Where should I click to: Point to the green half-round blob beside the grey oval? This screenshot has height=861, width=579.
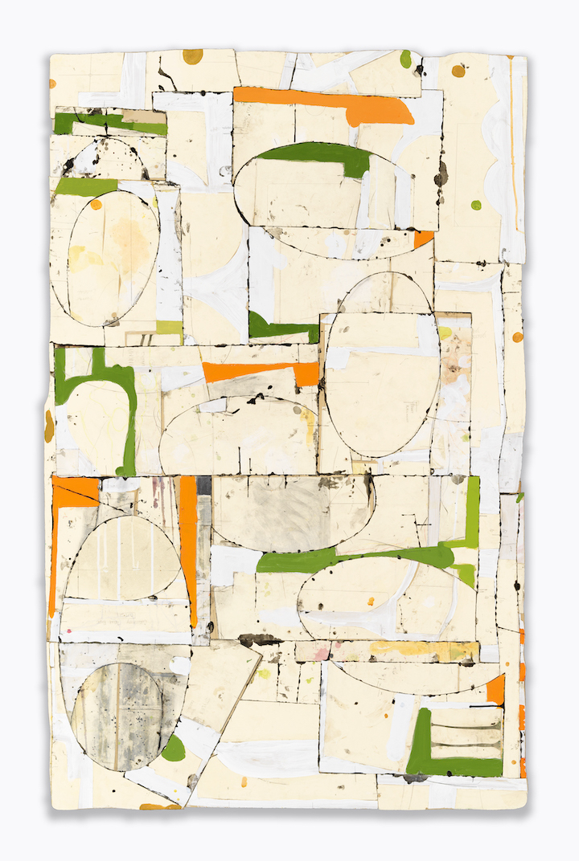click(173, 749)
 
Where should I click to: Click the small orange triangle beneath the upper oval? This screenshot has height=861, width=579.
click(423, 239)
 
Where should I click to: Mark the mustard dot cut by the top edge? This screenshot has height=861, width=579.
click(192, 55)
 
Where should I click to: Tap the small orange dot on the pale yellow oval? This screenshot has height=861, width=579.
click(96, 205)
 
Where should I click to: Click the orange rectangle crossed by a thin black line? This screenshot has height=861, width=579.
click(75, 492)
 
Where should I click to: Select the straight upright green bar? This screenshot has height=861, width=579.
click(473, 511)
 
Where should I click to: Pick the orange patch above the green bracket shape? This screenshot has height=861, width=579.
click(495, 689)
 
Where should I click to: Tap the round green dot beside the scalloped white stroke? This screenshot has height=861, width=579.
click(476, 205)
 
